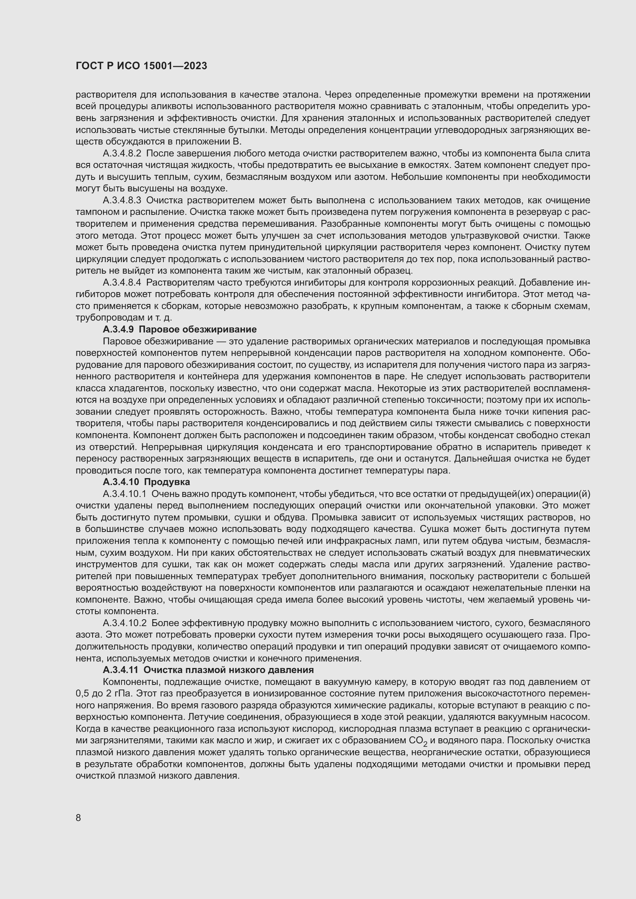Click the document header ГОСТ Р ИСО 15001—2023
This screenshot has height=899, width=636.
pyautogui.click(x=142, y=66)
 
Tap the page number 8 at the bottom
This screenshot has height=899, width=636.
pyautogui.click(x=78, y=818)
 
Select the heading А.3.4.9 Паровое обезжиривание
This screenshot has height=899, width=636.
pyautogui.click(x=179, y=329)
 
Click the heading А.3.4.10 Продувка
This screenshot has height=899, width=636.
pyautogui.click(x=146, y=482)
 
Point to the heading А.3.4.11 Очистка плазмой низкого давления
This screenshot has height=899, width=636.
pyautogui.click(x=208, y=670)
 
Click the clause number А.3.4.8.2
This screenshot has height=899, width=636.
pyautogui.click(x=122, y=153)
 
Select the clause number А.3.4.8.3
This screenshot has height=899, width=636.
pyautogui.click(x=122, y=201)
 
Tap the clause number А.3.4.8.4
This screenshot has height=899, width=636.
pyautogui.click(x=122, y=283)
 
